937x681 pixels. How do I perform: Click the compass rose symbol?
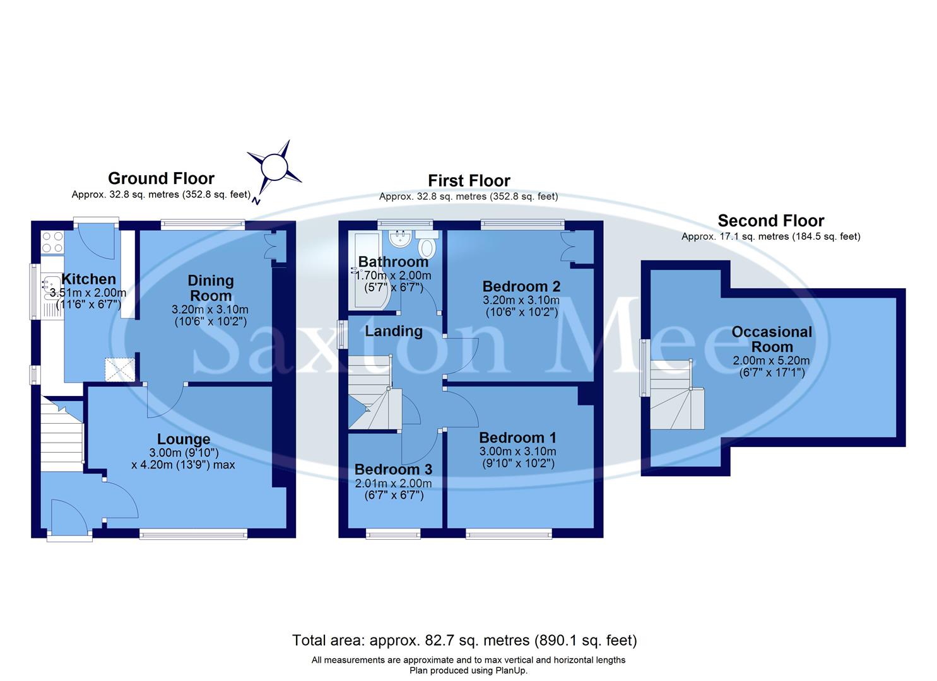(274, 168)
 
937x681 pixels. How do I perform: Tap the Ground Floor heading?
(161, 178)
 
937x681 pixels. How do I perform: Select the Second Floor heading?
(770, 221)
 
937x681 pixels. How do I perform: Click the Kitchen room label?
(88, 279)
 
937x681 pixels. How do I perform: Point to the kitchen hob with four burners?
(52, 243)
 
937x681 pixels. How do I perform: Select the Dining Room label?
(211, 288)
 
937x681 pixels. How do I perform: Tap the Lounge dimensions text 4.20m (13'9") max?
(183, 465)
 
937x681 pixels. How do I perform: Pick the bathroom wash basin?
(400, 239)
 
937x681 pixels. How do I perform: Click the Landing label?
(394, 331)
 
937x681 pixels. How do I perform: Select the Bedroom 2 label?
(521, 286)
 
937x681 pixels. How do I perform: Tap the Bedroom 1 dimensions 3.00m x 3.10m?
(517, 451)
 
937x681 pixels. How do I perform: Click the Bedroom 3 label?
(393, 469)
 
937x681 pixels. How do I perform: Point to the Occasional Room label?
(772, 339)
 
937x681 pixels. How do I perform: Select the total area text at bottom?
(464, 641)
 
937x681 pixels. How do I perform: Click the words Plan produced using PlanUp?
(468, 670)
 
